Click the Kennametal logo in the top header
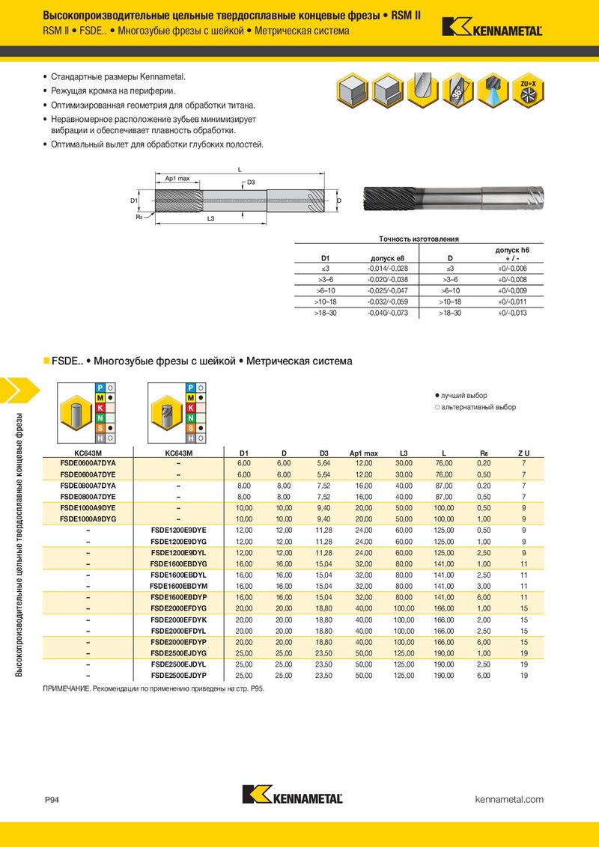[x=491, y=27]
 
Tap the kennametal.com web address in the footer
[x=509, y=799]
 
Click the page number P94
[x=52, y=800]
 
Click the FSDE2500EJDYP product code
[x=178, y=676]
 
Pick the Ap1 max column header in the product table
[x=364, y=453]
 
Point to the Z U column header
[x=524, y=453]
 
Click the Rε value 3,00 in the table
[x=484, y=586]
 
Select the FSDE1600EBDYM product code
[x=178, y=586]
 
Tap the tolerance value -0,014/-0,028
[x=388, y=268]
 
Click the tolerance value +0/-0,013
[x=512, y=313]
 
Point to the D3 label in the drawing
[x=251, y=183]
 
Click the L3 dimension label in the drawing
[x=210, y=218]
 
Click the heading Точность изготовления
[x=419, y=239]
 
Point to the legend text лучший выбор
[x=464, y=395]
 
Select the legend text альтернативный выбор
[x=478, y=407]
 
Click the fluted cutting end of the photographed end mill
[x=386, y=200]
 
